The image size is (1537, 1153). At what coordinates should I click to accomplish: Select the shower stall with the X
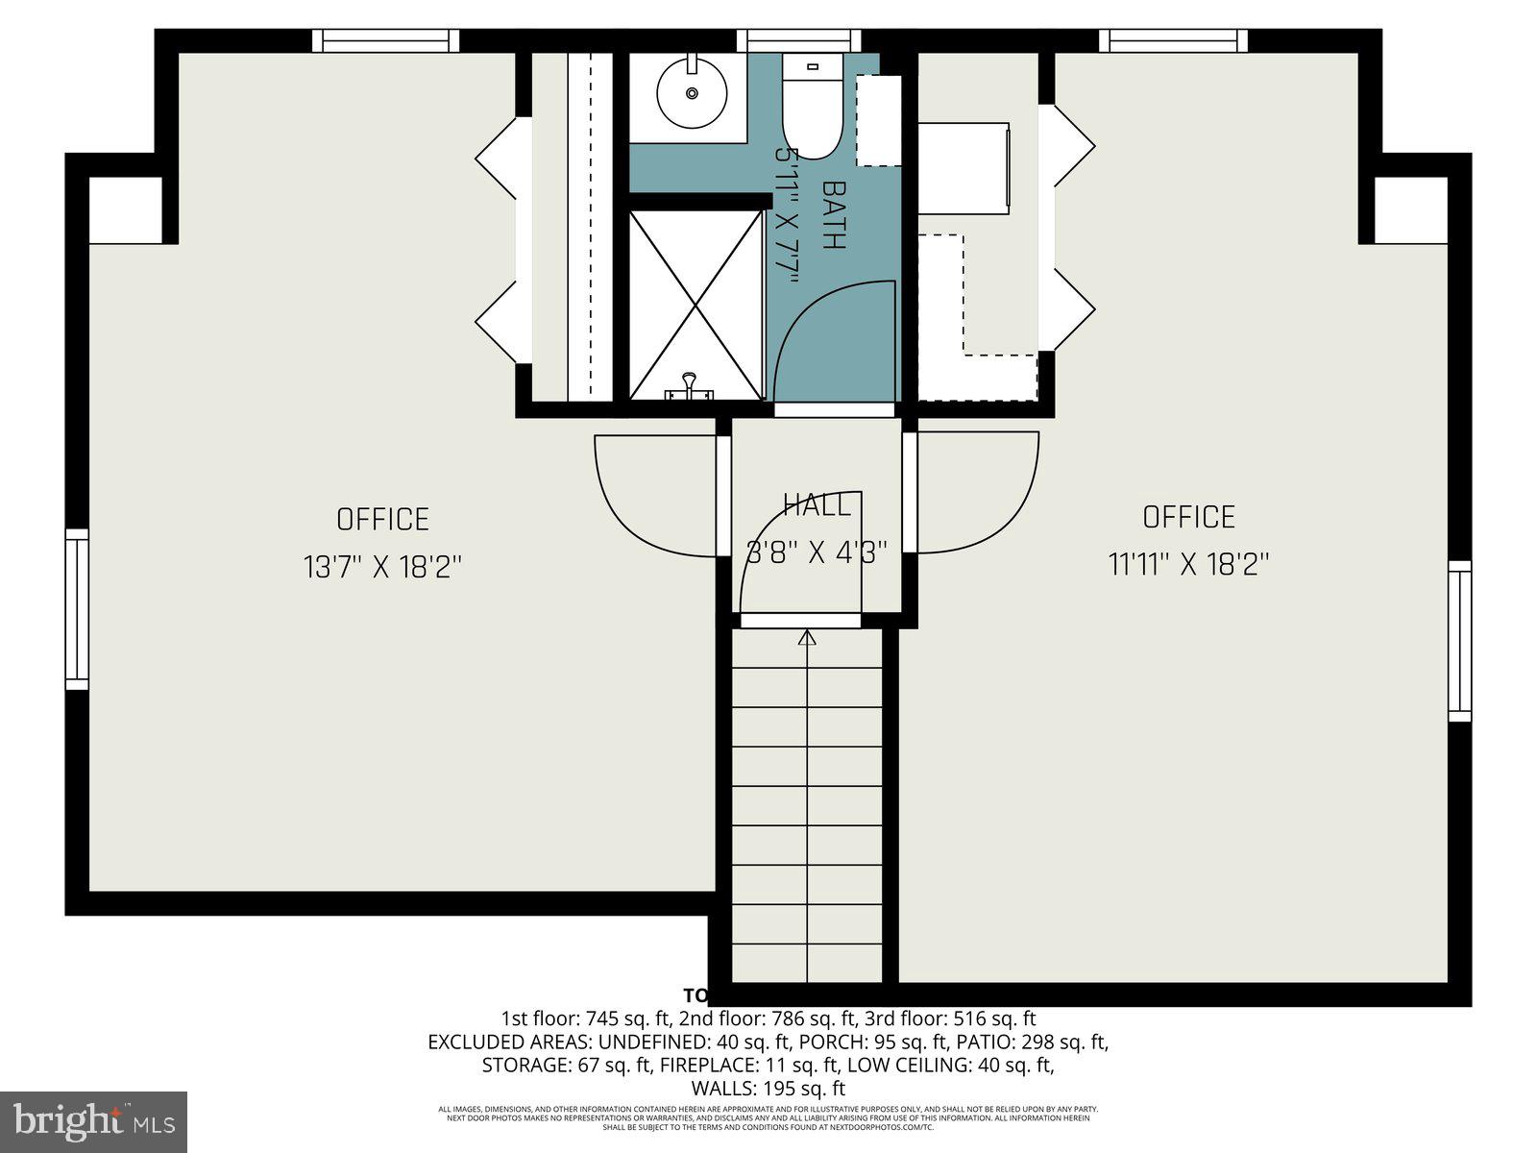tap(695, 304)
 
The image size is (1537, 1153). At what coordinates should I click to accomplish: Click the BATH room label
tap(834, 215)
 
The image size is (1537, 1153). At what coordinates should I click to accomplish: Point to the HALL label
tap(816, 505)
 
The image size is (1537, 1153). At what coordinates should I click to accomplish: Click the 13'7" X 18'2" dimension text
tap(383, 567)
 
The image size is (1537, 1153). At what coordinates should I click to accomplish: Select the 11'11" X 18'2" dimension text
tap(1189, 564)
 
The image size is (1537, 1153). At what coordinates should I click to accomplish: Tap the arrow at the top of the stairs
tap(807, 637)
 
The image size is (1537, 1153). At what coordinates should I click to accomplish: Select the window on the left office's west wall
tap(77, 608)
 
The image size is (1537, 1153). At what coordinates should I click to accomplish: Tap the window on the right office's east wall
tap(1459, 641)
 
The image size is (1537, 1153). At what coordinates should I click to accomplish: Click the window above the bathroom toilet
tap(798, 40)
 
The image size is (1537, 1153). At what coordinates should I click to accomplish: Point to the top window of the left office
tap(385, 40)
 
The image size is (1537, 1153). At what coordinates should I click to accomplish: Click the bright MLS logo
tap(93, 1122)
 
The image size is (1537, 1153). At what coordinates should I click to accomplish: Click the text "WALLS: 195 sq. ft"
tap(768, 1089)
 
